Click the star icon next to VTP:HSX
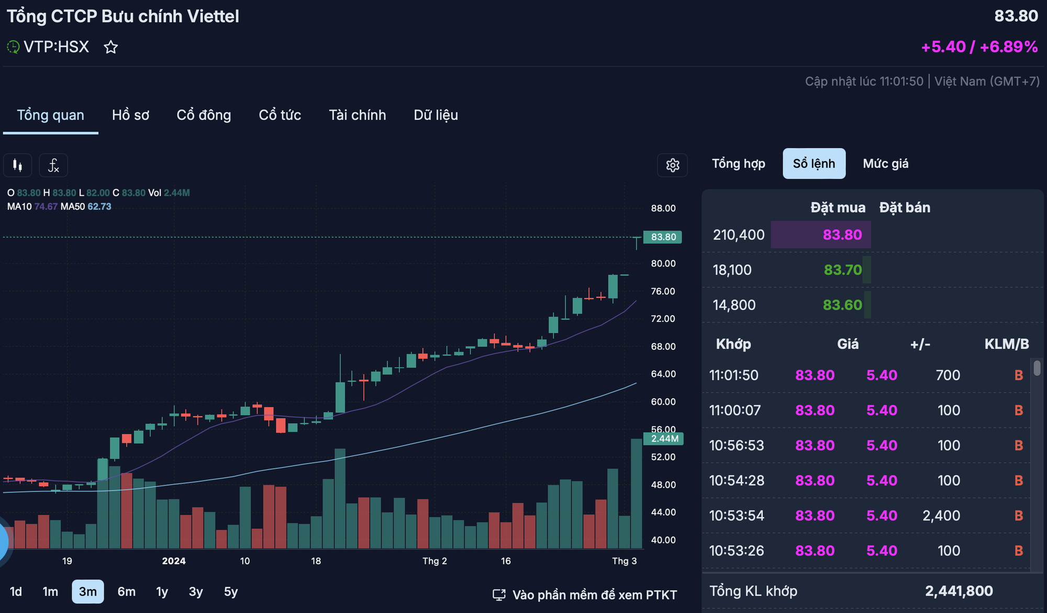[x=110, y=47]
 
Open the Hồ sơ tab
[x=130, y=115]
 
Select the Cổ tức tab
[x=280, y=115]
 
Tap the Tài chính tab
[x=357, y=115]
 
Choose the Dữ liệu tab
[x=436, y=115]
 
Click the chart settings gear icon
[x=672, y=165]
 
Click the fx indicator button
[x=53, y=166]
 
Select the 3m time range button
[x=87, y=592]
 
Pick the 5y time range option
[x=230, y=592]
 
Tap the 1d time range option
[x=16, y=592]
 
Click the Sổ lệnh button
[x=814, y=164]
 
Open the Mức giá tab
[x=885, y=164]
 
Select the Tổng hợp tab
[x=738, y=164]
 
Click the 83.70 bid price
[x=842, y=270]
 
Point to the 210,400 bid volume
[x=739, y=235]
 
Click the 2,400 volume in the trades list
[x=941, y=516]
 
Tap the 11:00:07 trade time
[x=734, y=410]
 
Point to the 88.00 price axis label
[x=663, y=208]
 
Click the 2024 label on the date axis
[x=174, y=561]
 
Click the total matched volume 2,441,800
[x=959, y=591]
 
